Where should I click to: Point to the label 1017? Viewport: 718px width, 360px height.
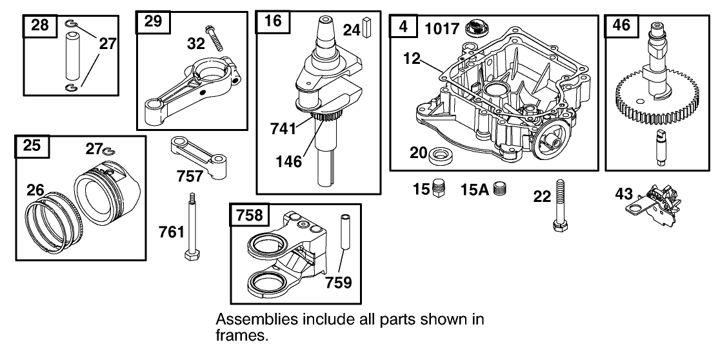442,28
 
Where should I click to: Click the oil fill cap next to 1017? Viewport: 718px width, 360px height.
478,27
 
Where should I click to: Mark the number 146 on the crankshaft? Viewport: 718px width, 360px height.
288,161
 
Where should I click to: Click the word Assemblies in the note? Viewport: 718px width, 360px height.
246,321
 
